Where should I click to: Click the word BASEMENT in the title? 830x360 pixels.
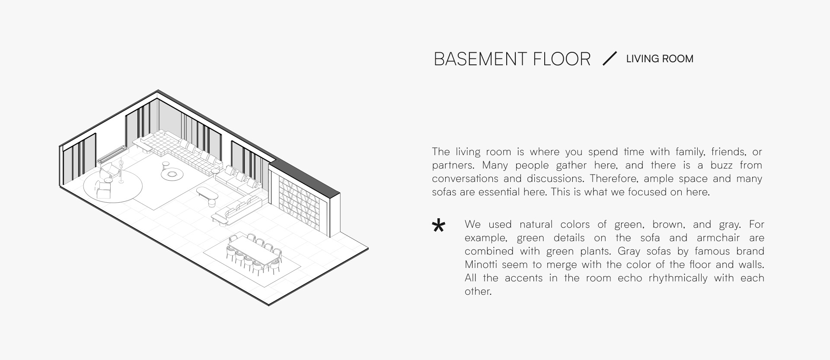(479, 59)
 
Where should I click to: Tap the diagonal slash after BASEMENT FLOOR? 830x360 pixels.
(610, 58)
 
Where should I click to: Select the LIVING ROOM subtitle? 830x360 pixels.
(660, 59)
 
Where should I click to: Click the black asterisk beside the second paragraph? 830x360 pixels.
(438, 226)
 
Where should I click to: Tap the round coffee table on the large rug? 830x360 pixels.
(172, 174)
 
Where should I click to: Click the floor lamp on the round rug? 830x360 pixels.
(121, 171)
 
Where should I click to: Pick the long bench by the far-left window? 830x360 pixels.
(113, 154)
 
